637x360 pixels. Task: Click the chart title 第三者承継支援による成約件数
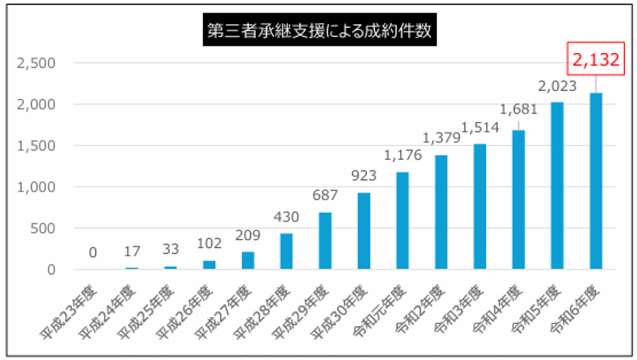coord(319,29)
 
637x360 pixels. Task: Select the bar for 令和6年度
coord(596,181)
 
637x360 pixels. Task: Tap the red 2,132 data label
coord(596,59)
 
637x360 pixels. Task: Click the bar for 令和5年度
coord(557,185)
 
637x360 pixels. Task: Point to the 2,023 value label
coord(557,86)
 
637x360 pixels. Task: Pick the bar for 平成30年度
coord(364,231)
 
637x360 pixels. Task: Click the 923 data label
coord(364,176)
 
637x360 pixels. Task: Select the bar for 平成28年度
coord(286,251)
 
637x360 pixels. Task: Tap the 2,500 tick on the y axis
coord(36,64)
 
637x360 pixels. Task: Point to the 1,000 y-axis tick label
coord(36,187)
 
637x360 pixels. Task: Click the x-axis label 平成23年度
coord(69,312)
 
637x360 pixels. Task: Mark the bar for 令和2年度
coord(441,212)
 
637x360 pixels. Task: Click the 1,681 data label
coord(518,109)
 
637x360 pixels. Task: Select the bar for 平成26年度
coord(209,265)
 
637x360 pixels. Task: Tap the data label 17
coord(132,251)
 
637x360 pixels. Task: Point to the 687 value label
coord(325,195)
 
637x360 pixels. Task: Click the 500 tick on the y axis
coord(43,229)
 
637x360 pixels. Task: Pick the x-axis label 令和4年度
coord(497,310)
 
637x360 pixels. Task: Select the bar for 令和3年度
coord(480,207)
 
